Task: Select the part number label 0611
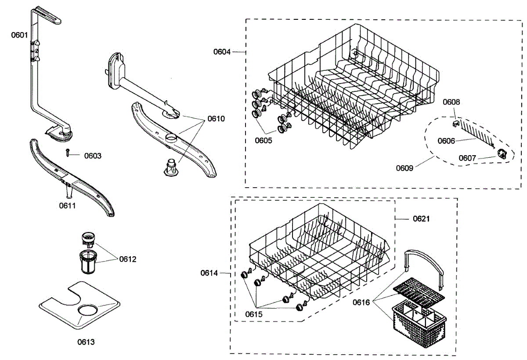click(x=68, y=205)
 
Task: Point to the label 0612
click(x=128, y=259)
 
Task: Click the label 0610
click(x=216, y=119)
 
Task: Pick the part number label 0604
click(x=222, y=52)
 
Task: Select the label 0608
click(x=451, y=102)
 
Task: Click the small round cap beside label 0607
click(x=502, y=153)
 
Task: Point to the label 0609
click(x=404, y=167)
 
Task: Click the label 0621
click(x=421, y=218)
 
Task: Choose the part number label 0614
click(x=209, y=273)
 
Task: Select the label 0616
click(x=361, y=302)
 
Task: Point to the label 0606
click(x=446, y=141)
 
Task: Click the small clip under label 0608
click(x=455, y=123)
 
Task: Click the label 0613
click(x=86, y=342)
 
